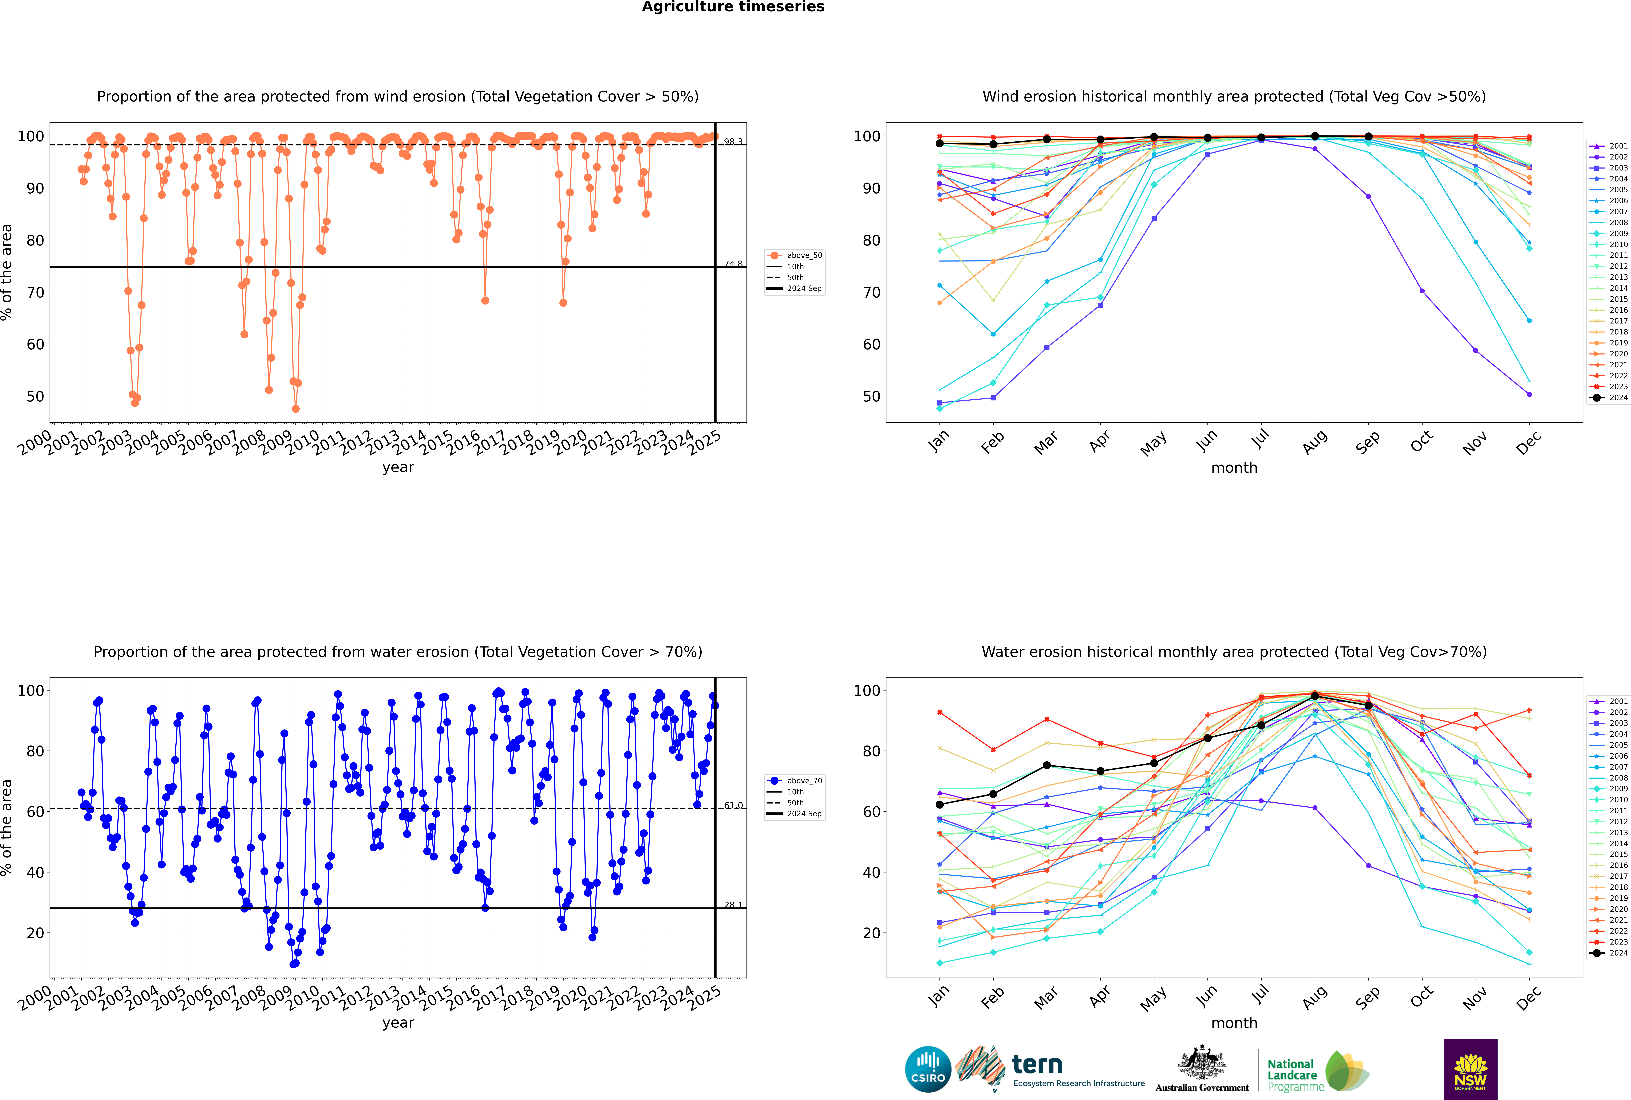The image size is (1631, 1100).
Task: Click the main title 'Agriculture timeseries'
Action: pos(733,7)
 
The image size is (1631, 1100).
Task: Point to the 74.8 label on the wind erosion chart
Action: pos(733,264)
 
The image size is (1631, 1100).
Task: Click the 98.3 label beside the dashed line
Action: pos(733,142)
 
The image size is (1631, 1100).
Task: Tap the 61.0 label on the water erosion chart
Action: pos(733,805)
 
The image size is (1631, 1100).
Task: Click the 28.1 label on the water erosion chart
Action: pos(733,905)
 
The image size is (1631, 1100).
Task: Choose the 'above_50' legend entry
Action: pos(804,255)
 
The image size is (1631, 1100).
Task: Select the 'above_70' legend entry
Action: pos(804,781)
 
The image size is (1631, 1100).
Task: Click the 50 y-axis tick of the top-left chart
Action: pos(35,396)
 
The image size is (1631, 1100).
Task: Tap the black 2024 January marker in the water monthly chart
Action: pos(940,805)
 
